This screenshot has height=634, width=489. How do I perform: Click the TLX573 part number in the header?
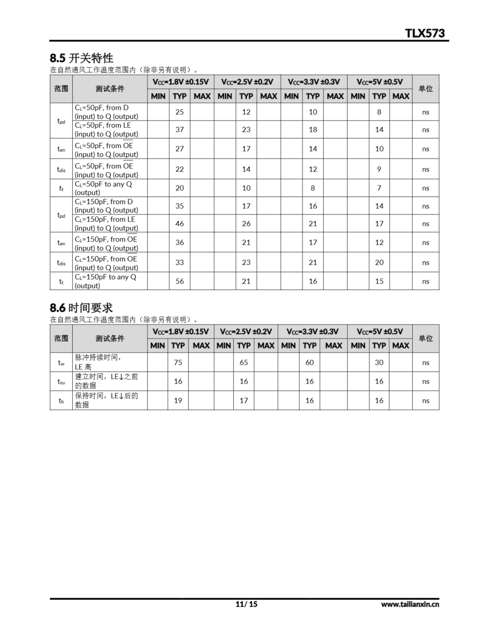point(425,33)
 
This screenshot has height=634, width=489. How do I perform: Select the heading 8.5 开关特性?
point(81,58)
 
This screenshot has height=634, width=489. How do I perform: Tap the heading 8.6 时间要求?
point(81,308)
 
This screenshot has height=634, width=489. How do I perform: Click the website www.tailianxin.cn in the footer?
point(410,604)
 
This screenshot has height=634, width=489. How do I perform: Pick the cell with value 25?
point(179,112)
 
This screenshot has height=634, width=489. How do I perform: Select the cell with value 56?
point(179,281)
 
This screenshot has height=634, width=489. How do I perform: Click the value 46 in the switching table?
point(179,224)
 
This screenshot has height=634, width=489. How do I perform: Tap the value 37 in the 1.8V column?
point(179,130)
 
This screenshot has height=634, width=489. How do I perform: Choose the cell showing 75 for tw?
point(178,362)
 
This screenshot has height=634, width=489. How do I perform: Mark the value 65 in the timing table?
point(244,362)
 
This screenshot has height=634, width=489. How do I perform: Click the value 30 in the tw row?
point(379,362)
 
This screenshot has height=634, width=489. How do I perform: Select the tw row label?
point(61,363)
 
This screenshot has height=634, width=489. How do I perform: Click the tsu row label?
point(61,381)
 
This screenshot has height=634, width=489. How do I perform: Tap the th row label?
point(61,401)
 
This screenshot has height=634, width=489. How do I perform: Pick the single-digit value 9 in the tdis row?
point(379,169)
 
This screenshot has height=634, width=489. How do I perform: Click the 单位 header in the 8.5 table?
point(425,89)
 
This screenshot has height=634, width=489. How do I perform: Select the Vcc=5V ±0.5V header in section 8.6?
point(380,332)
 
